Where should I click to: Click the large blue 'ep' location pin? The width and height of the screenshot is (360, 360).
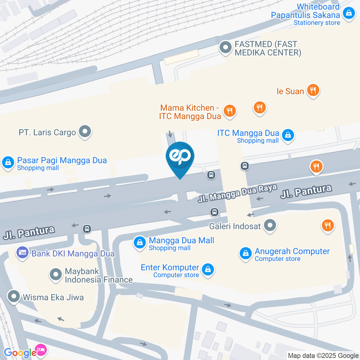pyautogui.click(x=180, y=157)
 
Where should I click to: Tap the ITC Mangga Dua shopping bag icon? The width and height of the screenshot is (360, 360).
pyautogui.click(x=288, y=135)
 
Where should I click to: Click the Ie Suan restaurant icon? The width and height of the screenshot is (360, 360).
pyautogui.click(x=312, y=90)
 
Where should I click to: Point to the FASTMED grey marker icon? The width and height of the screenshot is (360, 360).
pyautogui.click(x=226, y=48)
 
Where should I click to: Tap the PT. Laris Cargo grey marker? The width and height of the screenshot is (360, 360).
pyautogui.click(x=85, y=132)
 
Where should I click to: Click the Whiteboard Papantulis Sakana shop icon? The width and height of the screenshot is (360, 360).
pyautogui.click(x=349, y=14)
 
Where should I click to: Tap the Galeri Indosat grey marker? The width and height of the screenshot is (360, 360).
pyautogui.click(x=270, y=226)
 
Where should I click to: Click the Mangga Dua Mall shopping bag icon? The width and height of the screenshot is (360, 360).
pyautogui.click(x=139, y=243)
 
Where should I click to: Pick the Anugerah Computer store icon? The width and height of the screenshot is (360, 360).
pyautogui.click(x=245, y=254)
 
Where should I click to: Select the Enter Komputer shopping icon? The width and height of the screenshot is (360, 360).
pyautogui.click(x=207, y=269)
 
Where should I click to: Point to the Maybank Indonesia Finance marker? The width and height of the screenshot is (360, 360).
pyautogui.click(x=56, y=274)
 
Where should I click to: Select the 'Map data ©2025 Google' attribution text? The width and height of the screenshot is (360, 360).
pyautogui.click(x=323, y=355)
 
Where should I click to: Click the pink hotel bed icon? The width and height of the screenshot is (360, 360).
pyautogui.click(x=41, y=350)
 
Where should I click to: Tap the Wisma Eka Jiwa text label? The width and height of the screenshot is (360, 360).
pyautogui.click(x=53, y=297)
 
